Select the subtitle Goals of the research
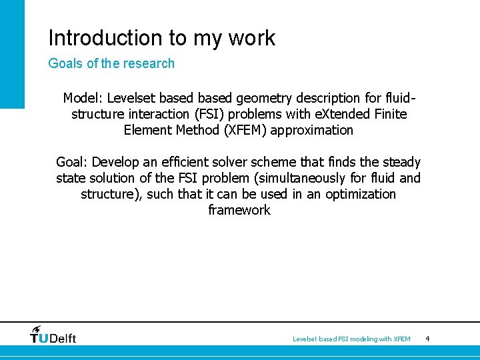(x=111, y=64)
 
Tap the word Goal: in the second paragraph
(x=72, y=162)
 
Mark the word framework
(x=239, y=210)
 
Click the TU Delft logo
(x=53, y=337)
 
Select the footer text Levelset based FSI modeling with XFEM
(x=351, y=339)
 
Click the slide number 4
(x=427, y=339)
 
